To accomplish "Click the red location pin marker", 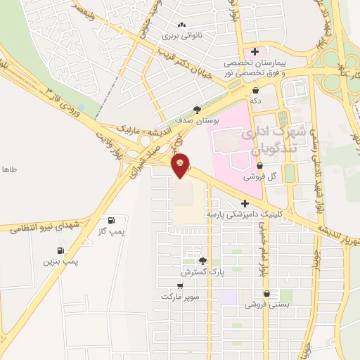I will (x=181, y=165).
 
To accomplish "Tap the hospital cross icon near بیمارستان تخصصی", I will (x=255, y=51).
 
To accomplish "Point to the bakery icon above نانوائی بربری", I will (x=182, y=25).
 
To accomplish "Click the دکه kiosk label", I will (x=255, y=101).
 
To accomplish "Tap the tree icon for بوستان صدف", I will (x=197, y=110).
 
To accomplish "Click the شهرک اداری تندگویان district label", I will (x=270, y=141).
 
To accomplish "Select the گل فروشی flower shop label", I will (x=259, y=177).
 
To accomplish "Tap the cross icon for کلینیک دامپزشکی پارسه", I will (x=245, y=203).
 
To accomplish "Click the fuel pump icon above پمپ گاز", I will (x=110, y=219).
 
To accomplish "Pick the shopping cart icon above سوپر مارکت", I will (x=180, y=286).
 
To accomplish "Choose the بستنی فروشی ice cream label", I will (x=262, y=304).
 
